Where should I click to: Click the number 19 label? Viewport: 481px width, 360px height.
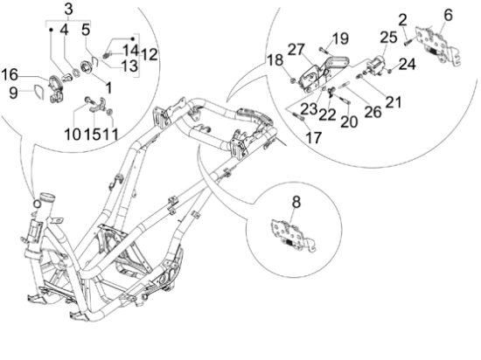(x=340, y=38)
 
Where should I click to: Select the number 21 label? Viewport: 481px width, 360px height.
(x=393, y=103)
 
